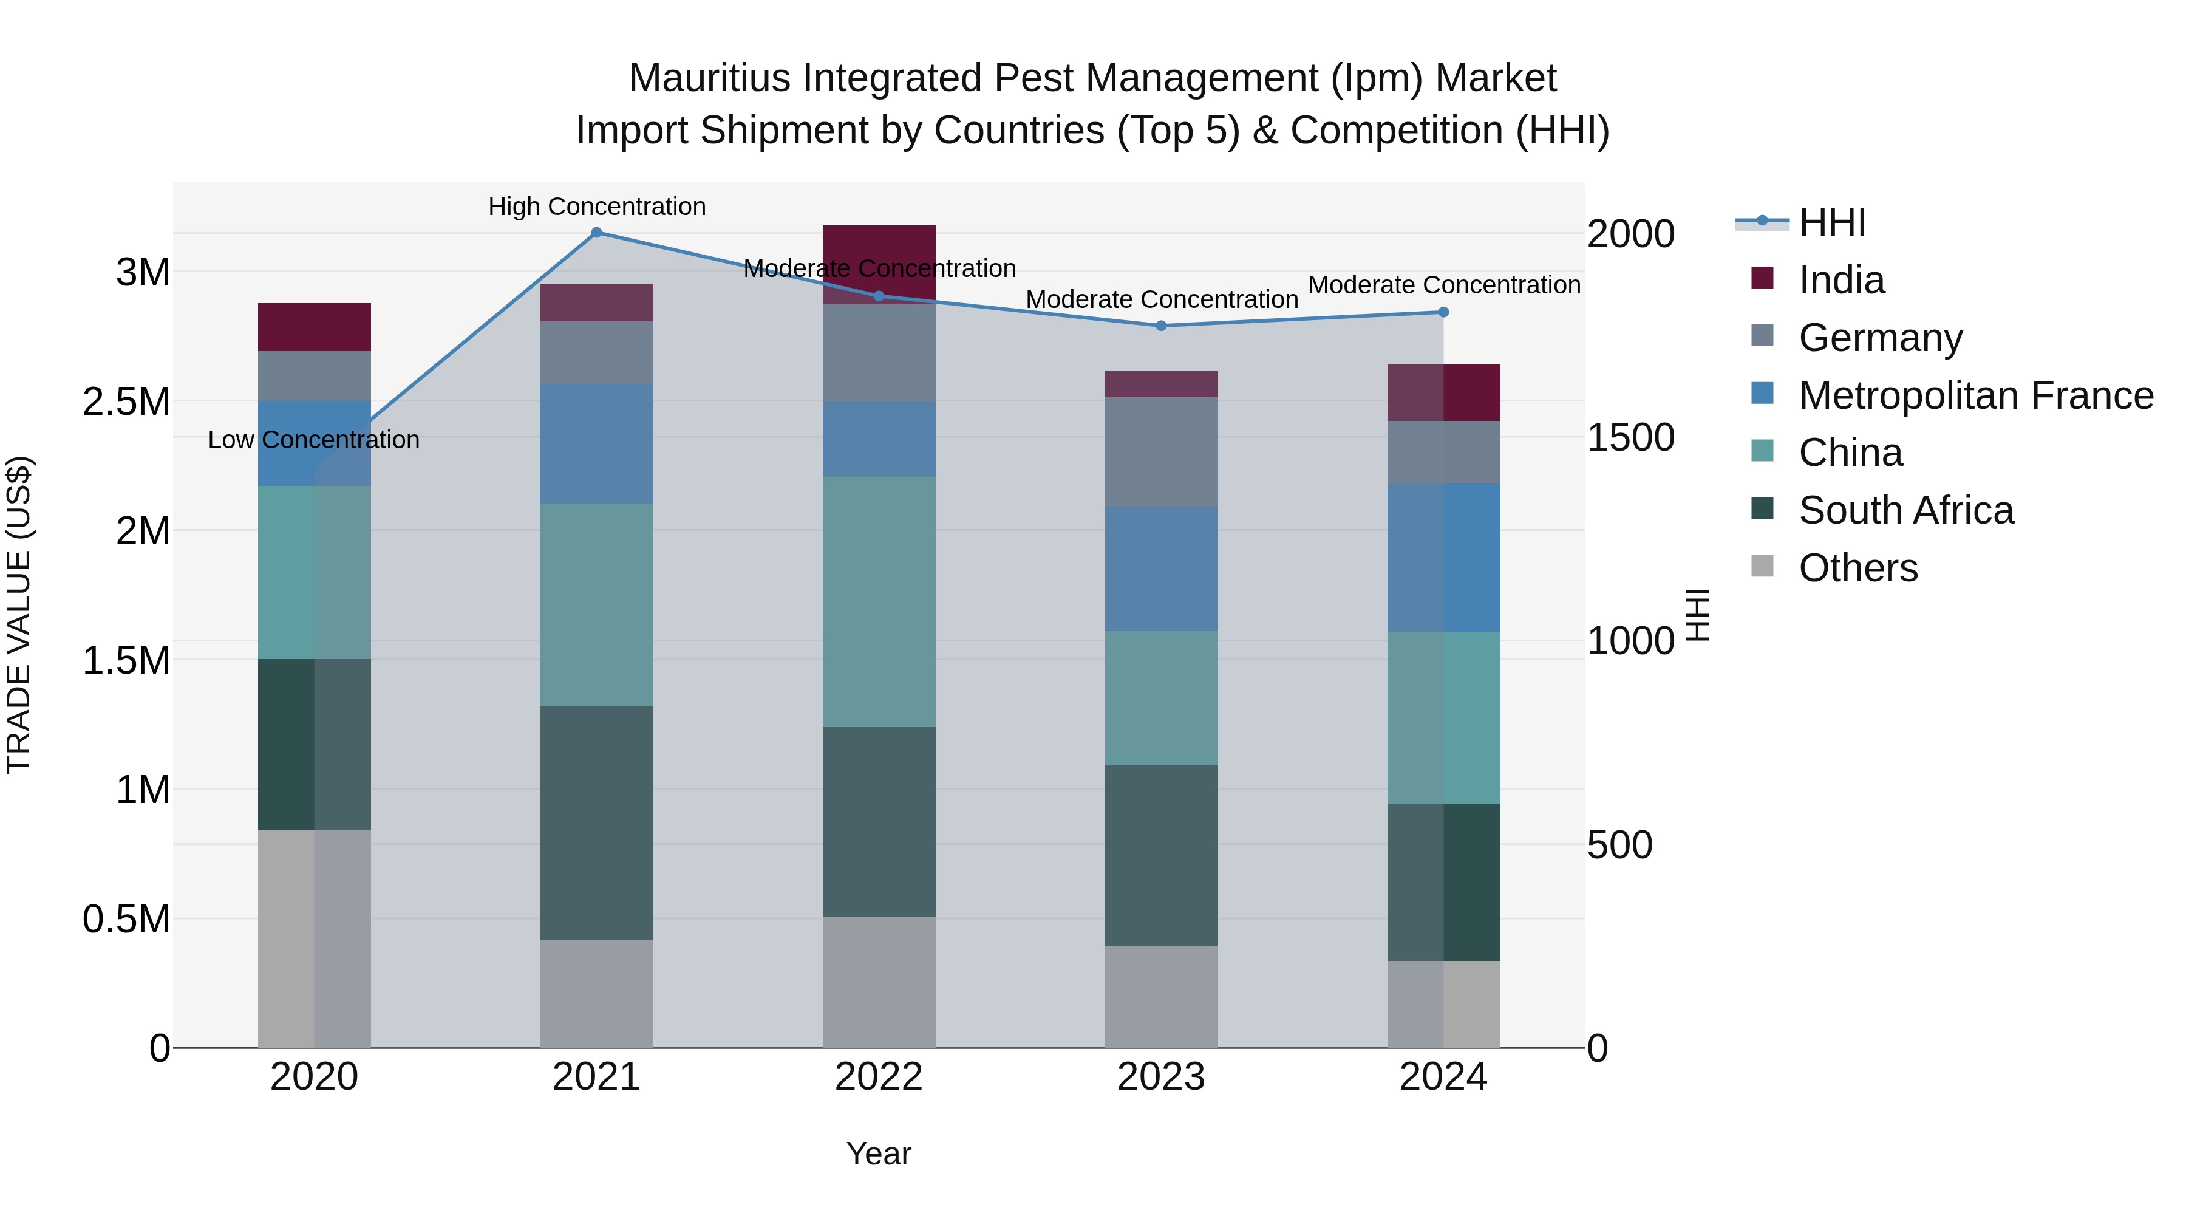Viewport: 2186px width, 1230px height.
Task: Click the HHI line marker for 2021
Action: pos(596,233)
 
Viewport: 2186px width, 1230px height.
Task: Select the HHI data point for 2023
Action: pos(1161,326)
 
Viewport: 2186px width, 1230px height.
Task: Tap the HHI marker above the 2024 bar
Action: pos(1443,312)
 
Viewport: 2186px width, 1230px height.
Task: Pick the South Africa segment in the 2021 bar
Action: pos(596,822)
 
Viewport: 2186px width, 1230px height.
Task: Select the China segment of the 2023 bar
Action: pos(1161,698)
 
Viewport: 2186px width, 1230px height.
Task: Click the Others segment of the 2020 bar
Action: pos(314,938)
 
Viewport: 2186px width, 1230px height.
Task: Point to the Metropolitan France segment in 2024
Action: pos(1443,558)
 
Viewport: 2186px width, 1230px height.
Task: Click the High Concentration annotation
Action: pos(596,207)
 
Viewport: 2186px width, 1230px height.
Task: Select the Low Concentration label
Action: pos(314,440)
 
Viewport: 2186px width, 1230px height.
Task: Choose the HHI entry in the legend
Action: pos(1831,222)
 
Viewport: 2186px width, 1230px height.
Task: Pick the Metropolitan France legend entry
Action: pos(1975,395)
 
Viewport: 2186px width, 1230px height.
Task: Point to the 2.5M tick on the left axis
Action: pos(126,402)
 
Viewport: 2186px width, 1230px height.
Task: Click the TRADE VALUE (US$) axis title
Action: pos(19,615)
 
